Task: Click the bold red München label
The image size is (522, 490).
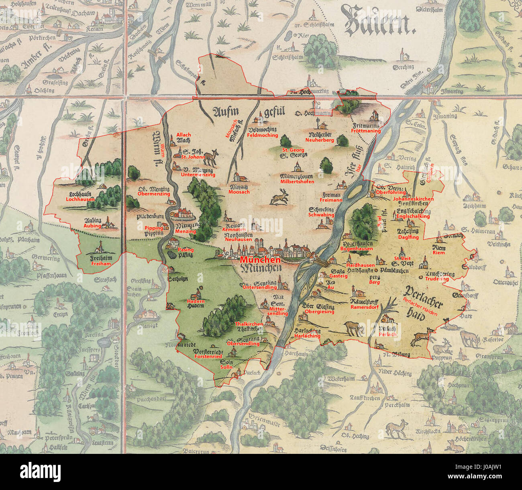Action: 255,260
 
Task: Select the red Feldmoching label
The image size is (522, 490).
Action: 262,136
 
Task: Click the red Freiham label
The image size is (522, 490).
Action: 100,264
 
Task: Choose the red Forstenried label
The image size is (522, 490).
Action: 208,356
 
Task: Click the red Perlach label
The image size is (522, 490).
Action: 387,334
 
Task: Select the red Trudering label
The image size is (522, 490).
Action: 436,279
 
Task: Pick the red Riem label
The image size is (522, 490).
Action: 438,253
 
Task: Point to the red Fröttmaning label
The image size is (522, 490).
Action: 365,131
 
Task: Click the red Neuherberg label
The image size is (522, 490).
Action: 319,140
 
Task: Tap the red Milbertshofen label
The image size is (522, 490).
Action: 297,182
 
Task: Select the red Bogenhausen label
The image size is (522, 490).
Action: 356,249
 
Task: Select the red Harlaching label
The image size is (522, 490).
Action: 307,336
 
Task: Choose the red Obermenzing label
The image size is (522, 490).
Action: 154,194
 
